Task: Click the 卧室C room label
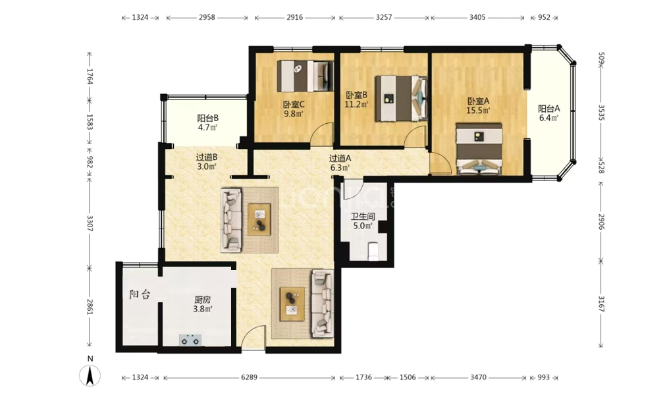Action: [294, 109]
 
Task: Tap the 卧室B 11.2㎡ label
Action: [356, 99]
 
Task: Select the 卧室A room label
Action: [478, 105]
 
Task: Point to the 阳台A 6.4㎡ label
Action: [548, 113]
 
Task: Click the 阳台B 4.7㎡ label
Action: [207, 122]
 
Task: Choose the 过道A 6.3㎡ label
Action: [340, 163]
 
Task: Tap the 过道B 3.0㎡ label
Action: [207, 161]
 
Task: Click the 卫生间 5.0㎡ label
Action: [362, 221]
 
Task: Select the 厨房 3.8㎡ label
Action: [203, 304]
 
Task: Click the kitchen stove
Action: [190, 340]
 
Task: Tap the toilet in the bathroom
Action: [373, 251]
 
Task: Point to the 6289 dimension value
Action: [249, 377]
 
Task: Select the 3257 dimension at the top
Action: [384, 17]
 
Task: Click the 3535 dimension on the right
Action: [601, 113]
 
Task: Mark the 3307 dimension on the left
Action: [90, 223]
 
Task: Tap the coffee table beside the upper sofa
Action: [259, 219]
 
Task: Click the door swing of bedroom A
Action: [440, 164]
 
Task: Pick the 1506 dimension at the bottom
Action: [408, 377]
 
